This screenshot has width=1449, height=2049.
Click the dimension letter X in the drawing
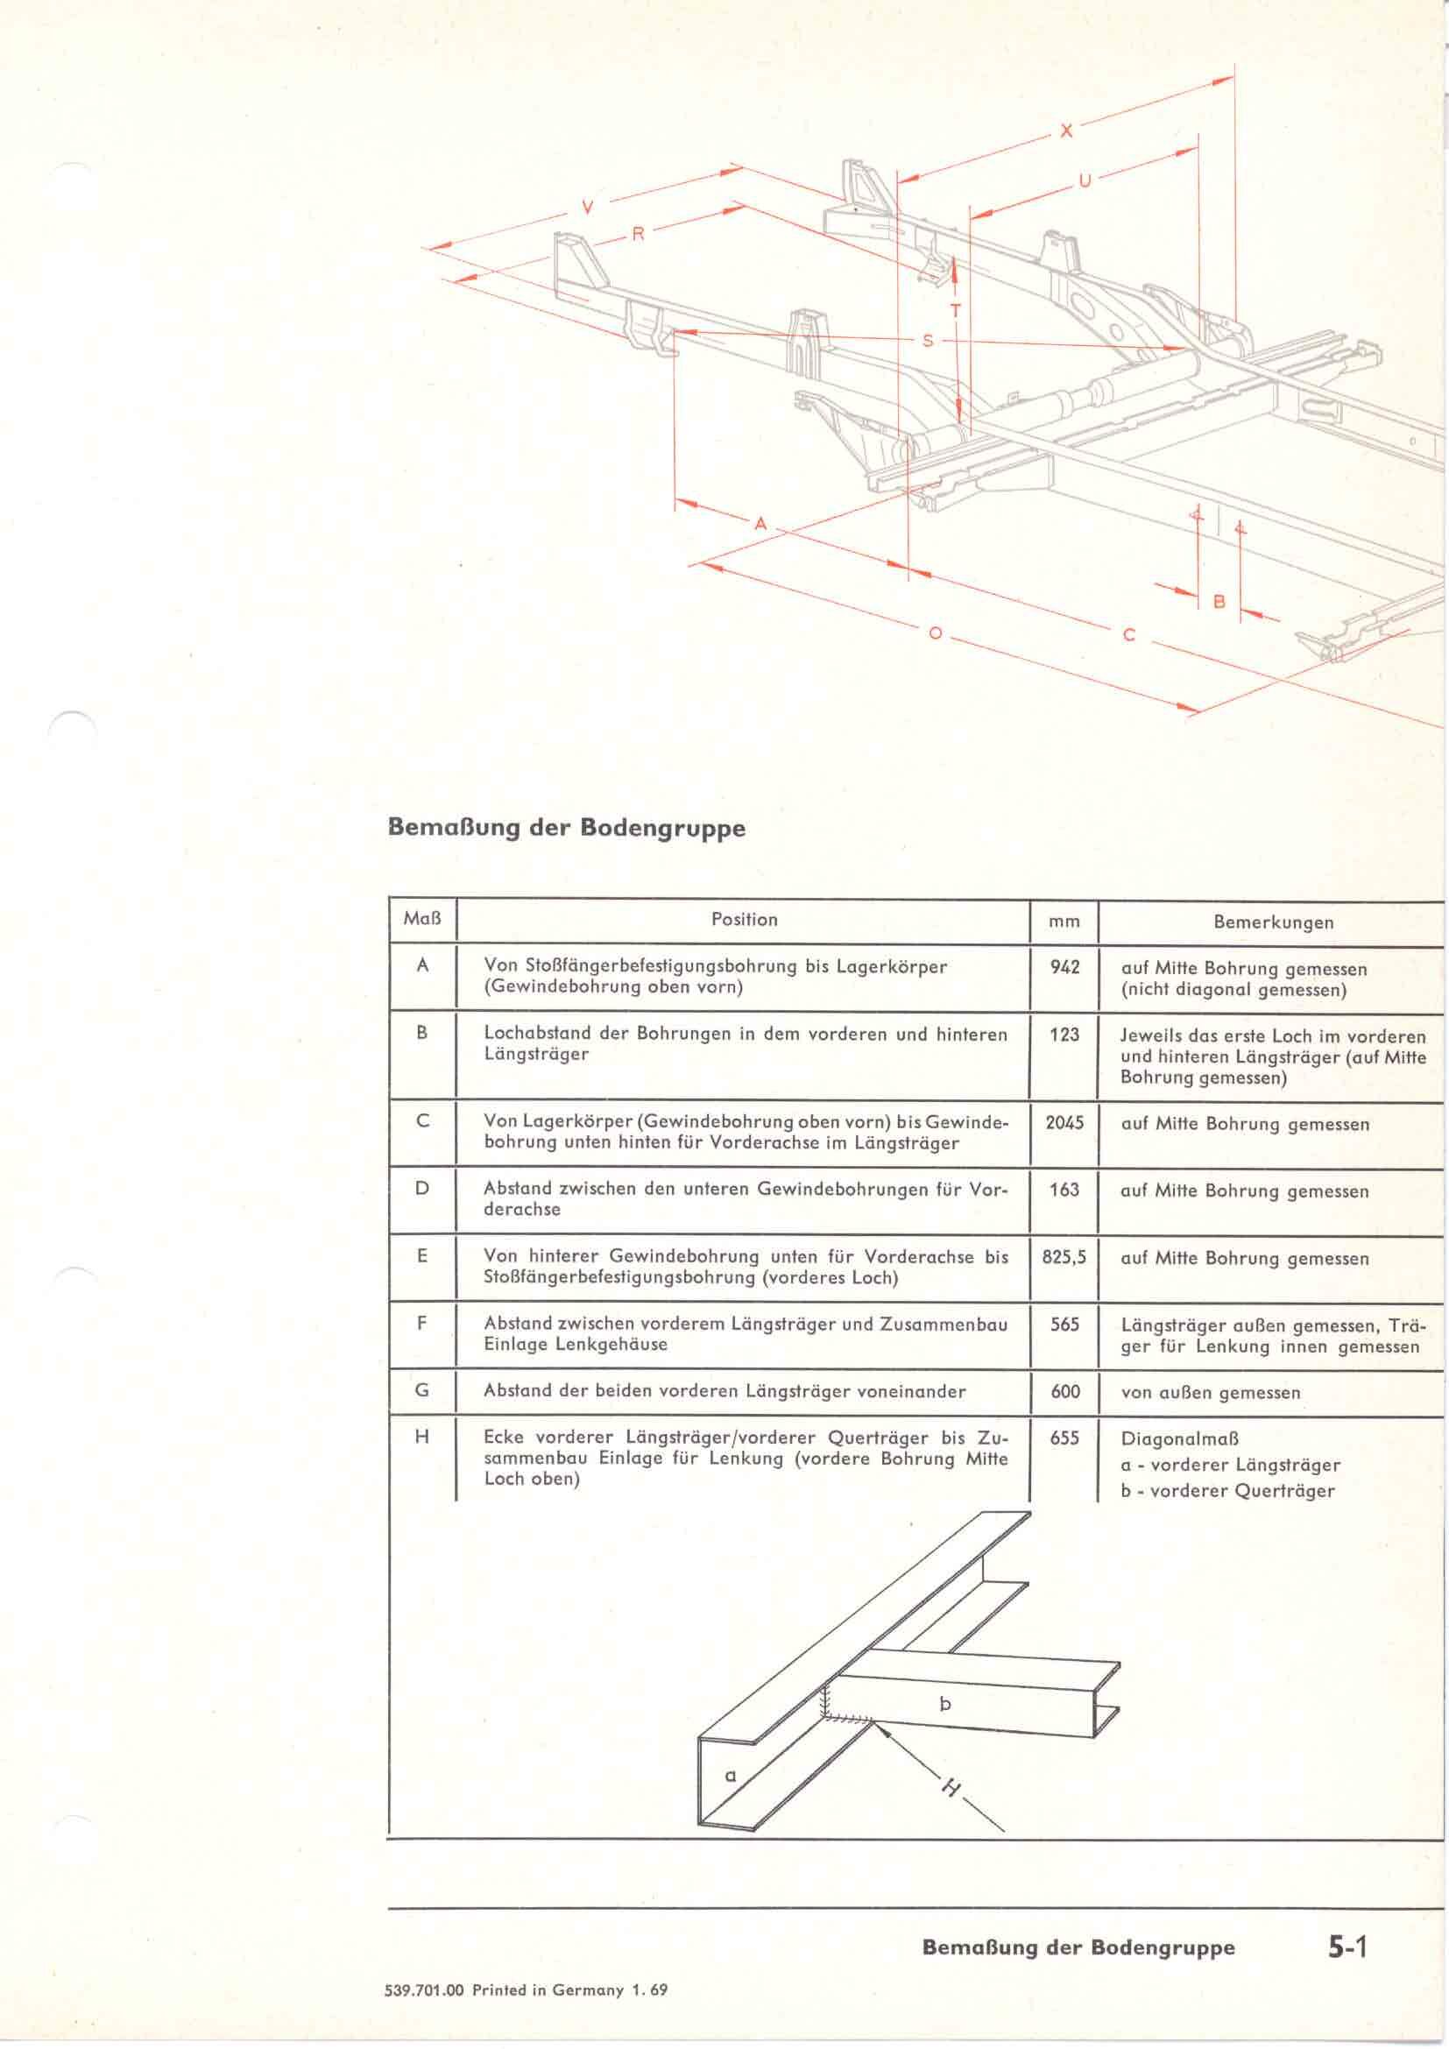pos(1066,131)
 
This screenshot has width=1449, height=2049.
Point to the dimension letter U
pos(1085,181)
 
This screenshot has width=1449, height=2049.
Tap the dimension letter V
pos(587,207)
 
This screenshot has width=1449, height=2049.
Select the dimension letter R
pos(638,235)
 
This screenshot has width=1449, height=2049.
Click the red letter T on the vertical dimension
pos(956,312)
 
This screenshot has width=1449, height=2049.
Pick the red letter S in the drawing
pos(928,341)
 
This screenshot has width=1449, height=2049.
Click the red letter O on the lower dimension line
pos(935,632)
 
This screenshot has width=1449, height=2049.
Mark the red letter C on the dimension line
pos(1129,635)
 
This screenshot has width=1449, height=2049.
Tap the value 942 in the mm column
pos(1064,966)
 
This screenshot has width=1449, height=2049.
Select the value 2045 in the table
pos(1064,1123)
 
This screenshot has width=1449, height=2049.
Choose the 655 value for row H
pos(1064,1438)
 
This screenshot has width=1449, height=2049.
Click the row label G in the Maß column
pos(422,1389)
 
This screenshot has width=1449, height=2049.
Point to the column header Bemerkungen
pos(1272,922)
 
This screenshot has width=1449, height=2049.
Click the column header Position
pos(744,919)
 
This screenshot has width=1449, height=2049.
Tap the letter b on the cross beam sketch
pos(945,1704)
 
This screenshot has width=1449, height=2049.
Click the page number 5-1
pos(1347,1947)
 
